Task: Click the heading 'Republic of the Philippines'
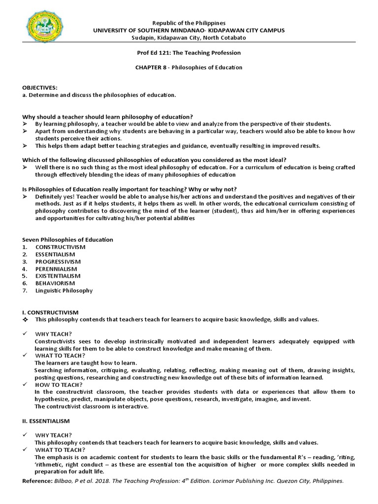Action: click(189, 23)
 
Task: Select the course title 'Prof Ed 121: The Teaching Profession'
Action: click(189, 53)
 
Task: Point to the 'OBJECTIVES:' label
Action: click(40, 87)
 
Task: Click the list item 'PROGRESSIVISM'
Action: click(58, 262)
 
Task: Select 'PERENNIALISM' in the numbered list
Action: click(56, 269)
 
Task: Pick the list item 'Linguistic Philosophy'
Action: click(64, 290)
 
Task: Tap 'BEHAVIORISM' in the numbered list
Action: click(55, 283)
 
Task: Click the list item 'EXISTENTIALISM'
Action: click(58, 276)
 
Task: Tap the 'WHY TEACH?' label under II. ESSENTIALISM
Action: click(54, 435)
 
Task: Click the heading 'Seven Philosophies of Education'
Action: click(67, 240)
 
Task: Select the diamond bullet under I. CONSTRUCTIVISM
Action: click(26, 319)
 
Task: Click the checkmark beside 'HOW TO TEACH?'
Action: click(26, 384)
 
